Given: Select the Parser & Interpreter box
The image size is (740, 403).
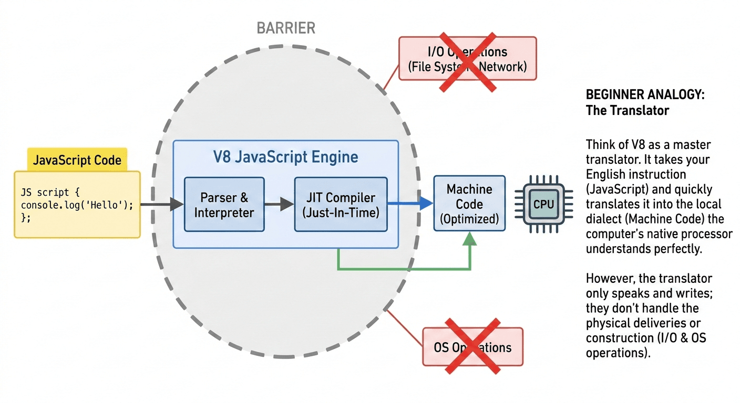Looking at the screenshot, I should [x=224, y=205].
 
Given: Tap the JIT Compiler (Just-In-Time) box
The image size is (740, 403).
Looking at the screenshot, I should [x=341, y=205].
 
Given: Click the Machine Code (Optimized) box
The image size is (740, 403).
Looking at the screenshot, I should [x=469, y=204].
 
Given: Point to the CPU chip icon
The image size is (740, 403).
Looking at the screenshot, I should [x=543, y=204].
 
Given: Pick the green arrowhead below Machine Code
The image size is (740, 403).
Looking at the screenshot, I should [x=470, y=240].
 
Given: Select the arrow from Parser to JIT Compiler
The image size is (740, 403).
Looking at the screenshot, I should [x=279, y=205].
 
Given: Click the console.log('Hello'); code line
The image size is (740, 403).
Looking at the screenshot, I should [x=77, y=205].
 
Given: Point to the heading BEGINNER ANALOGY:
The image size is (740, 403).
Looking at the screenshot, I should [x=645, y=96].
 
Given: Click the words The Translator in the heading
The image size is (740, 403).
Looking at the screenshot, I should [x=628, y=111].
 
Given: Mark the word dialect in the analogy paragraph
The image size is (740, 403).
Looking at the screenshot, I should [x=603, y=219].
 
